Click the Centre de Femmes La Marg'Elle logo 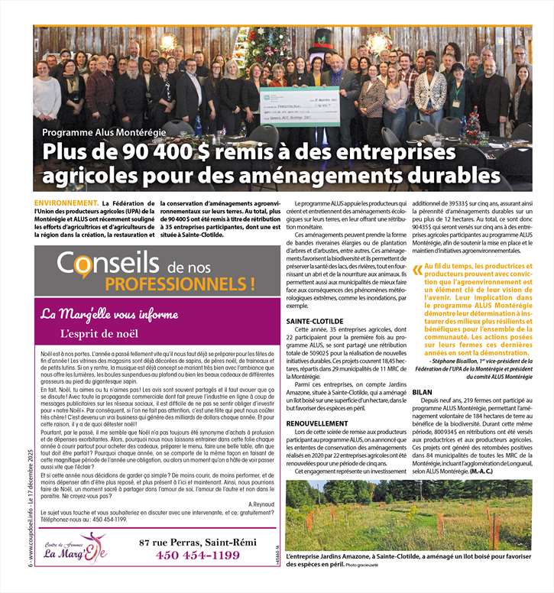[x=75, y=548]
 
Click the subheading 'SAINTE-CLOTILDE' [x=315, y=322]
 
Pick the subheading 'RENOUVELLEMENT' [x=317, y=423]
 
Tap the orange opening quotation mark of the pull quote [x=416, y=270]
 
